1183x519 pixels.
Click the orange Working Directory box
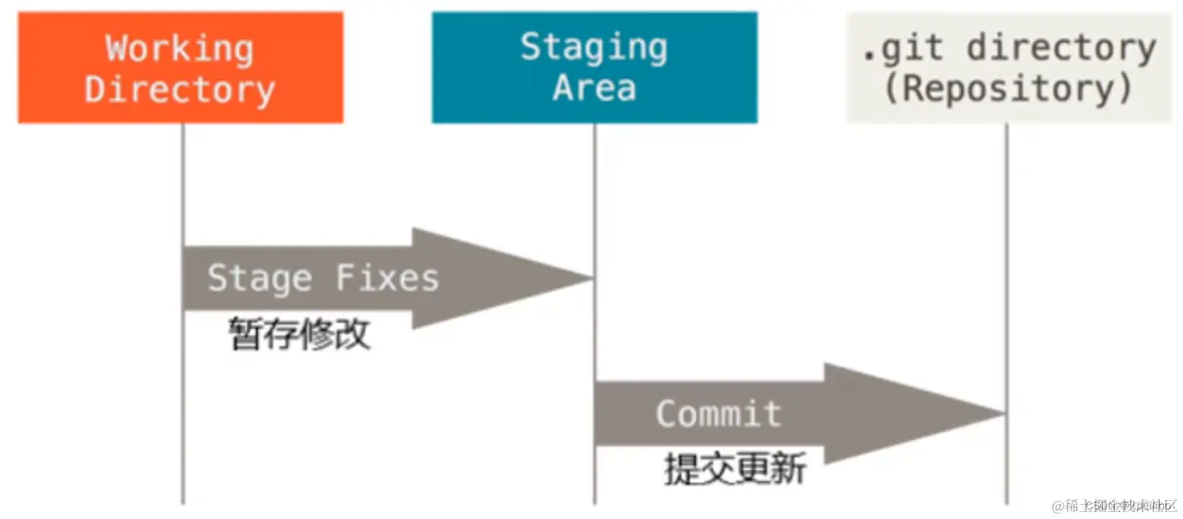coord(180,67)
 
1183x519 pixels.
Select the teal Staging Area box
coord(594,67)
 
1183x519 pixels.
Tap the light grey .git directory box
coord(1008,67)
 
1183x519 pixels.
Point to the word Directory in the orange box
coord(180,89)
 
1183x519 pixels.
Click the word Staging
coord(594,47)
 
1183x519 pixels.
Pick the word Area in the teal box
coord(594,87)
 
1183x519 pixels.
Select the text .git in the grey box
coord(902,49)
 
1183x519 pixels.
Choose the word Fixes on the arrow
coord(387,278)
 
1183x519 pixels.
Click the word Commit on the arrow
coord(718,414)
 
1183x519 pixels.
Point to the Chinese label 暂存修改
coord(300,335)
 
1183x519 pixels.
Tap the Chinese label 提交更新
coord(735,470)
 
